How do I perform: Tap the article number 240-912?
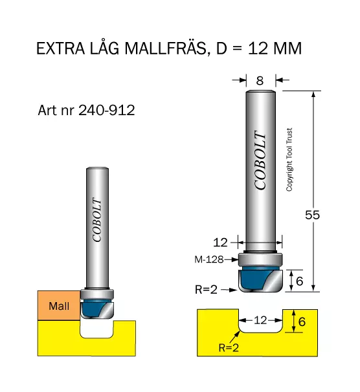pos(107,110)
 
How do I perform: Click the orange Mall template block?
pos(59,305)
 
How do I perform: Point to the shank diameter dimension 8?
pos(260,80)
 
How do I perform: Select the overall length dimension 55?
pos(312,215)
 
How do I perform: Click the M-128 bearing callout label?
pos(209,259)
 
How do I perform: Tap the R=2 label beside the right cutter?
pos(206,290)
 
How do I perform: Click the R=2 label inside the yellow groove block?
pos(229,347)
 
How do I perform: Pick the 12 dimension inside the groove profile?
pos(260,320)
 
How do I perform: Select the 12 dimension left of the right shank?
pos(220,243)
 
